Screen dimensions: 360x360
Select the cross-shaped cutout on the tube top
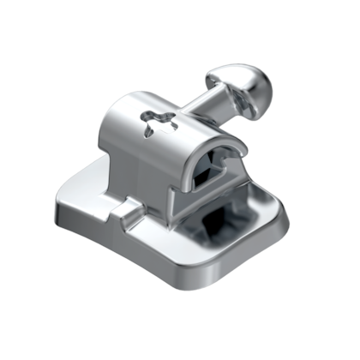[157, 122]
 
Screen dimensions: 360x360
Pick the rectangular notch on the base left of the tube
[129, 208]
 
